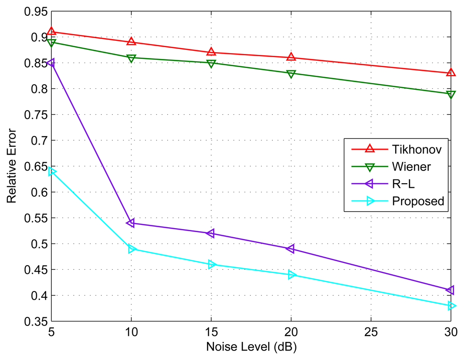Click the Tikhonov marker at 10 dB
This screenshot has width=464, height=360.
tap(131, 42)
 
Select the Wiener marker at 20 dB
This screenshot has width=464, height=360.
tap(291, 73)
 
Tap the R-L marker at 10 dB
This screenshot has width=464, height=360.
tap(131, 223)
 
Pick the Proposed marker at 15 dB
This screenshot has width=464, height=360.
tap(211, 264)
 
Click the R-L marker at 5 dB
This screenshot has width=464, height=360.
tap(51, 63)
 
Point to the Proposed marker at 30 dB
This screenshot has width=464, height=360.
tap(451, 306)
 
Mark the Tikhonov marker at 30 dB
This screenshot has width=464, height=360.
tap(451, 73)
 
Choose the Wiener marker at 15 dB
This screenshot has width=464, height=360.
tap(211, 63)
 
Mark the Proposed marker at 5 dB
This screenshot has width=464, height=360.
tap(51, 171)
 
